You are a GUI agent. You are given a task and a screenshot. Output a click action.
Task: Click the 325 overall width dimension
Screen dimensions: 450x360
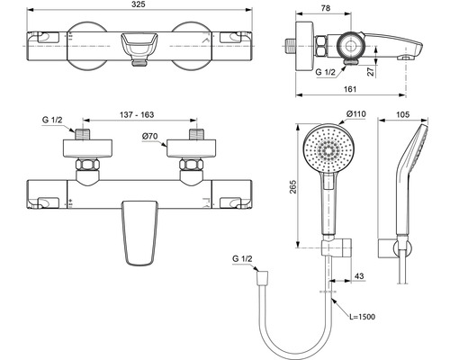coord(139,4)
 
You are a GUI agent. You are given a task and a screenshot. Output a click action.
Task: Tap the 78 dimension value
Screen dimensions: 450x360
coord(326,8)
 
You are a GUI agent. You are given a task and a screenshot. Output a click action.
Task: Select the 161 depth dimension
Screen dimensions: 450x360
coord(350,89)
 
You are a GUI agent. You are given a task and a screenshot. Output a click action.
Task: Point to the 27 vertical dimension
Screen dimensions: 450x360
coord(371,71)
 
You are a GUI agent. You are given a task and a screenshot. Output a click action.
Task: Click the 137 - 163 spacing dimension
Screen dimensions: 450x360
coord(137,114)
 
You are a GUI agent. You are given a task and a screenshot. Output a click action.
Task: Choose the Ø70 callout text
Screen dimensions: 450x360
coord(149,136)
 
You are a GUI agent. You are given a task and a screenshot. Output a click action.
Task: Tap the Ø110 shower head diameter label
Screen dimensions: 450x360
coord(356,114)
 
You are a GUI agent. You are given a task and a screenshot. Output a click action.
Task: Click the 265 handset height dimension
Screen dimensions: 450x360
coord(292,186)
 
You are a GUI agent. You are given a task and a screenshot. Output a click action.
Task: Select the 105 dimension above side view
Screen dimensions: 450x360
coord(402,114)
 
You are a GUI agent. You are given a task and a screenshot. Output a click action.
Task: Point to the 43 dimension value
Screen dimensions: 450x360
coord(359,275)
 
